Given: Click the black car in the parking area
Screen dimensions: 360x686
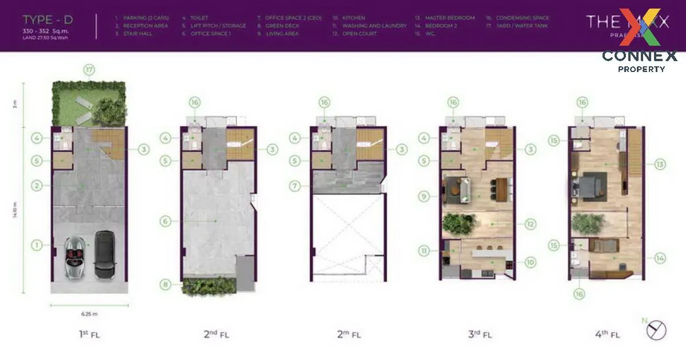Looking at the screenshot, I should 104,255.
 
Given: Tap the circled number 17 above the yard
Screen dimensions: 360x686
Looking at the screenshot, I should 89,70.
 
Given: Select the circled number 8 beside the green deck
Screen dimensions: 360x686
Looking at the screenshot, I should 166,284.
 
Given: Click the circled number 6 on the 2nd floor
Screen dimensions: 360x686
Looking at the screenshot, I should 166,221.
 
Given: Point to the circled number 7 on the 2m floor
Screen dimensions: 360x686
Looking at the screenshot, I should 295,186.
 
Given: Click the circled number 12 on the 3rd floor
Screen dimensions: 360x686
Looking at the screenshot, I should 531,225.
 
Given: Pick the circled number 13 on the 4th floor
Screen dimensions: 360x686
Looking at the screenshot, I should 660,164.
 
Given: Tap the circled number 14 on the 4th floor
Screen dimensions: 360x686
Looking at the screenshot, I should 660,258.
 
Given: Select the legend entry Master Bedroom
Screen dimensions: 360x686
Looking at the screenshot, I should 449,18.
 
